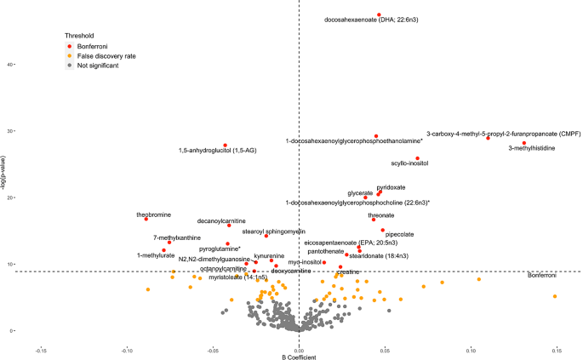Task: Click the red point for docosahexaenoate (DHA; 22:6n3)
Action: (379, 14)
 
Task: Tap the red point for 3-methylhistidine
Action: (524, 143)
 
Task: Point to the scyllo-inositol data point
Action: (417, 158)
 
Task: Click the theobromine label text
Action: (154, 214)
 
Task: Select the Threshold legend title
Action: (79, 36)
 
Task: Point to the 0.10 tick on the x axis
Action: (471, 349)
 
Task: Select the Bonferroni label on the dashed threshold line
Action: (542, 276)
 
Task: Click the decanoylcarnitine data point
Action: (229, 226)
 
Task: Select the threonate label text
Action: (380, 215)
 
